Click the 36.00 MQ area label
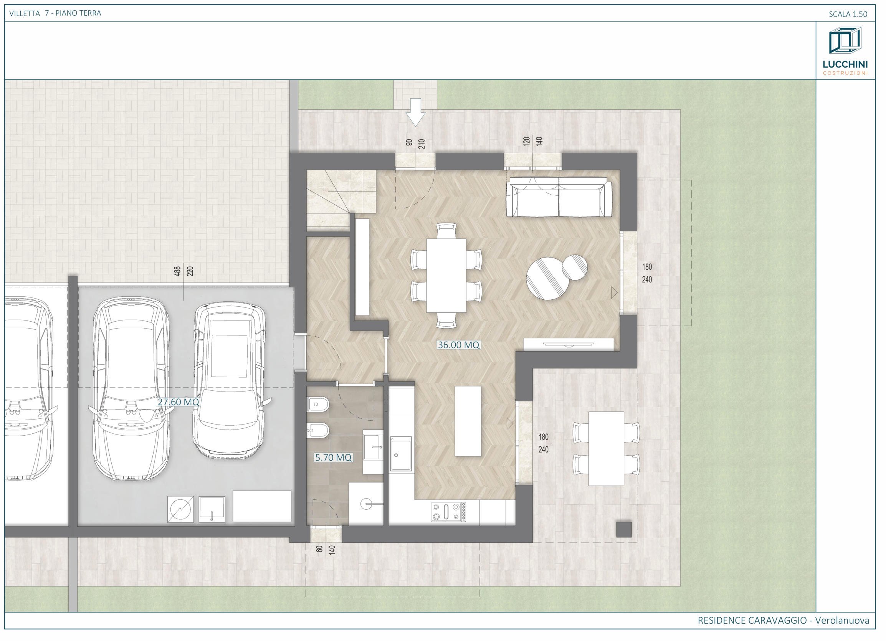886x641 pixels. click(x=458, y=345)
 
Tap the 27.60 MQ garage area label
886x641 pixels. click(x=179, y=402)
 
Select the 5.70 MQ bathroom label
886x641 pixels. click(x=333, y=458)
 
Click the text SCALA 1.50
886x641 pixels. click(x=848, y=14)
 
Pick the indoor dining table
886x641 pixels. click(x=446, y=275)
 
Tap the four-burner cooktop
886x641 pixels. click(x=448, y=512)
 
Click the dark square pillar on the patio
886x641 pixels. click(x=624, y=529)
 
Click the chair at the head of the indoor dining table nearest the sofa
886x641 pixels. click(x=446, y=230)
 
